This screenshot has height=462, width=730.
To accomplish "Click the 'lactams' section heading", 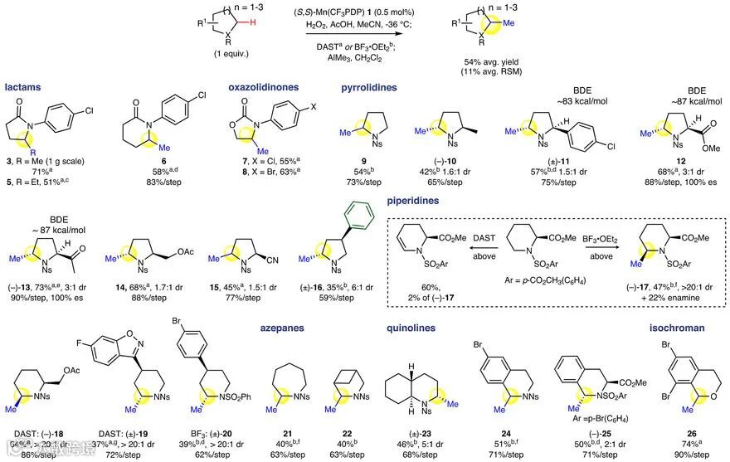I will pos(22,85).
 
